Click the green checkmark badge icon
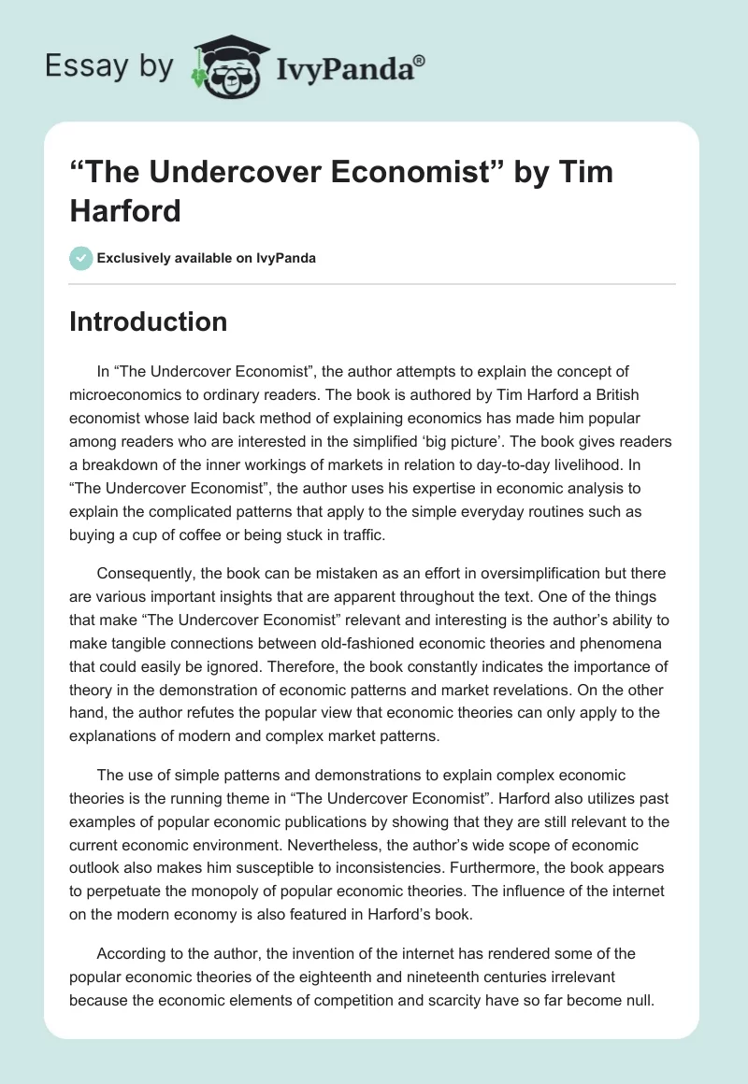tap(80, 258)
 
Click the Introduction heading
tap(149, 321)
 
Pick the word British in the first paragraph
tap(612, 394)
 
